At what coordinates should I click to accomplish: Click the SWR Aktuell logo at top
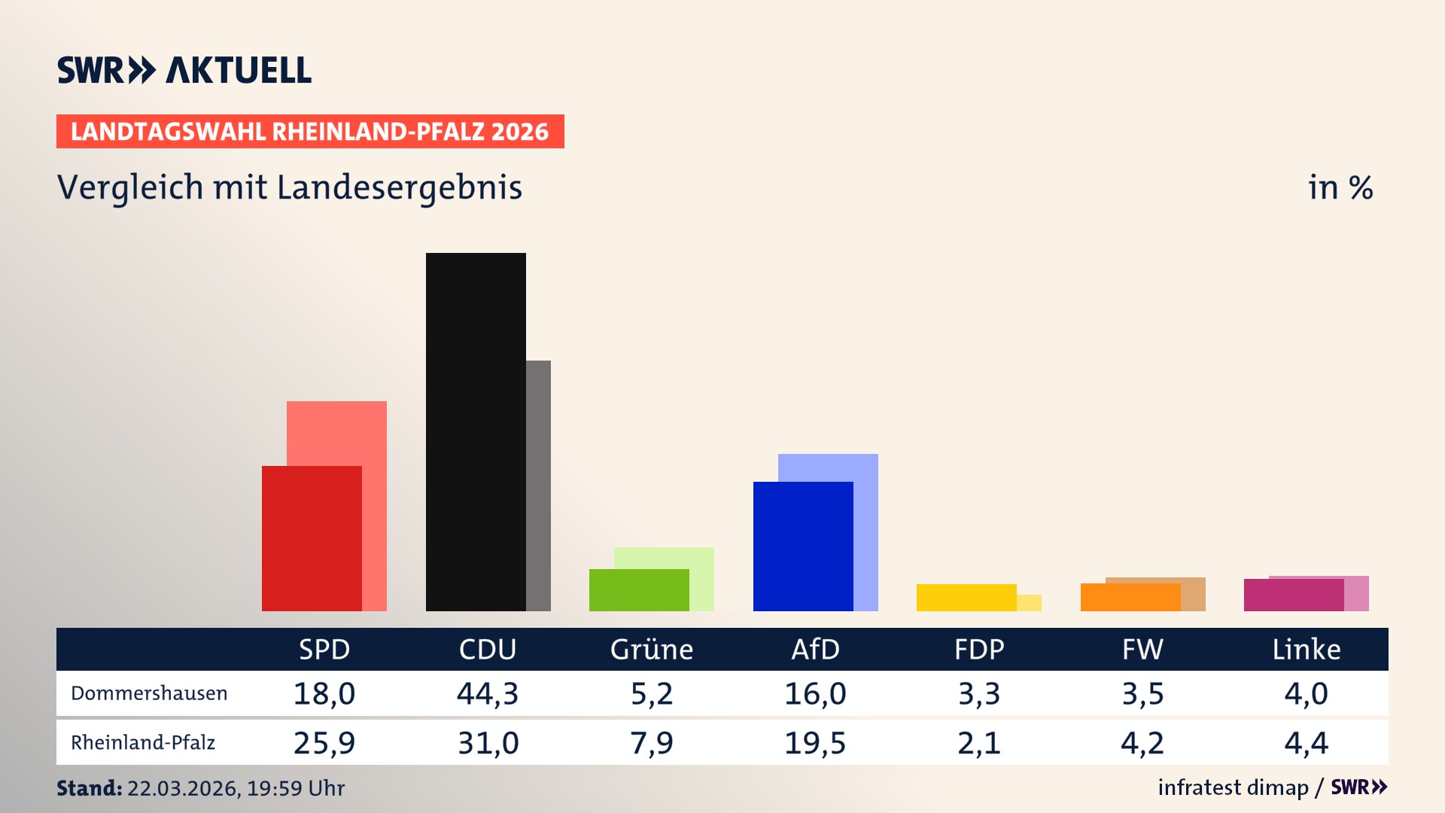point(184,70)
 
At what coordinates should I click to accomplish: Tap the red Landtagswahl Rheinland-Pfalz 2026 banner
point(309,132)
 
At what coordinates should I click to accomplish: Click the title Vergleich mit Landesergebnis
point(289,187)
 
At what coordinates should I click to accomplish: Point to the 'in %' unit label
point(1340,187)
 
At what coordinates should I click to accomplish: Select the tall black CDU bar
point(476,431)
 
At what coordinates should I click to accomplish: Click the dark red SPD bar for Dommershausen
point(312,538)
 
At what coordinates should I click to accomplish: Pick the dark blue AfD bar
point(803,546)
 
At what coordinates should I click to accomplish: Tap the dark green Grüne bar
point(638,590)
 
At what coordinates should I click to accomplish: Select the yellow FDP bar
point(966,598)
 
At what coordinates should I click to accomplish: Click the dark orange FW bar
point(1130,597)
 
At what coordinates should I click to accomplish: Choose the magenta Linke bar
point(1293,595)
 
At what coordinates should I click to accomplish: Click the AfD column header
point(815,650)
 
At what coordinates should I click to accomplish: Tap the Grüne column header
point(651,650)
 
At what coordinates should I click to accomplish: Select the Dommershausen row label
point(149,693)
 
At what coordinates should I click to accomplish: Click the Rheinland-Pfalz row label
point(143,743)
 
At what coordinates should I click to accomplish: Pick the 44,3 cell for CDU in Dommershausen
point(488,693)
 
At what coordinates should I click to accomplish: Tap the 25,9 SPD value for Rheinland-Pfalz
point(324,743)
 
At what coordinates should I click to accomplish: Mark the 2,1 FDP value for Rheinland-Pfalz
point(978,743)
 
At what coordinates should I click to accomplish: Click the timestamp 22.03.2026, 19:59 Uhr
point(236,788)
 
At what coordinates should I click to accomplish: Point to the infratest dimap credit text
point(1233,787)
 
